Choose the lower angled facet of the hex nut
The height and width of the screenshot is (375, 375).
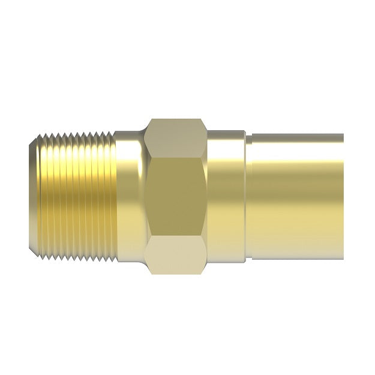177,255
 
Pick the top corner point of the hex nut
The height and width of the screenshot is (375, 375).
177,119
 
